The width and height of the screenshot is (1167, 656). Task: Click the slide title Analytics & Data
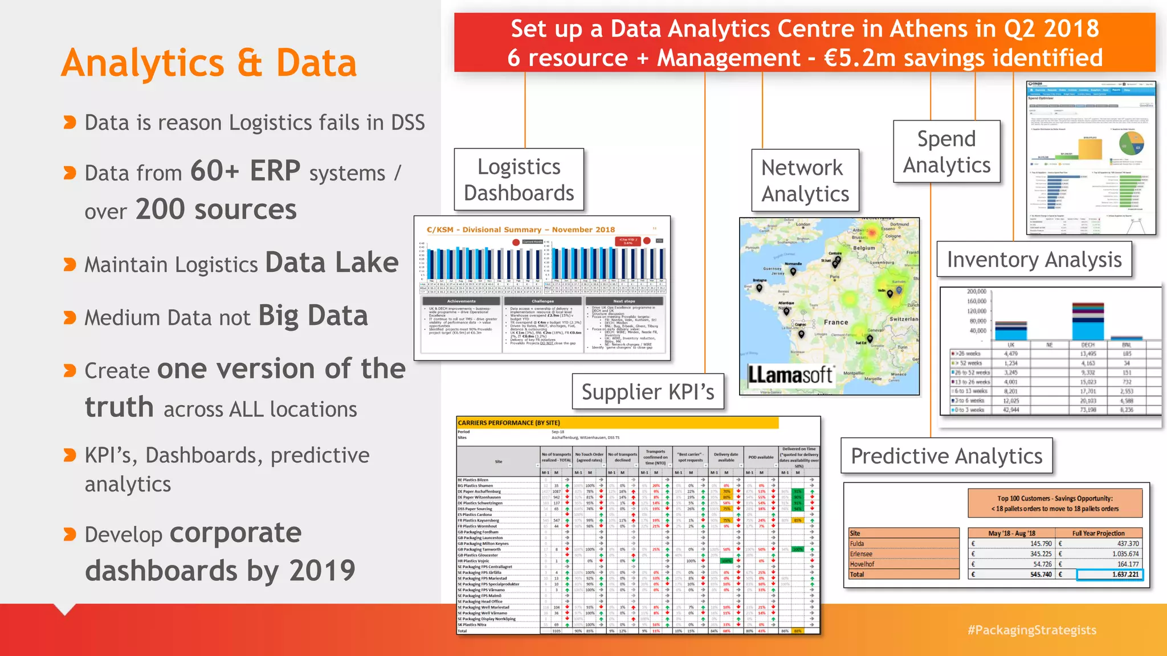[209, 63]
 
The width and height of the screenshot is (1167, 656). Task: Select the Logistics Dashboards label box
[519, 179]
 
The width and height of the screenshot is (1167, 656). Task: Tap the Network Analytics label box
[805, 181]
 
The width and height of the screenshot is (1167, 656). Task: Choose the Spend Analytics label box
[946, 151]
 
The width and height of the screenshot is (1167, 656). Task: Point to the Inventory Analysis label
[1034, 260]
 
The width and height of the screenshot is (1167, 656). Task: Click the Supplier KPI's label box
[647, 392]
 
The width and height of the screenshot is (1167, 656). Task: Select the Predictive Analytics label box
[946, 456]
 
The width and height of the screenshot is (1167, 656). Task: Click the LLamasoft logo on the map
[790, 375]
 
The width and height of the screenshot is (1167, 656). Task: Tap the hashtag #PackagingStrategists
[1031, 630]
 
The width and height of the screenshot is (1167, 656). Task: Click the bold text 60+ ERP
[245, 171]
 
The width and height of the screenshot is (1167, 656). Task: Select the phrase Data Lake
[332, 263]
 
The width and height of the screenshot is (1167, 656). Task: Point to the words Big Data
[313, 316]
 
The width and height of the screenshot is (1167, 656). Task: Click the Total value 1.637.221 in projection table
[1109, 575]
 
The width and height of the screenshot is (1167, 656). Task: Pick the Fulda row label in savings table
[857, 544]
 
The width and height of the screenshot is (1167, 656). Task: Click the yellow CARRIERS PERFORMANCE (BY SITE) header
[617, 423]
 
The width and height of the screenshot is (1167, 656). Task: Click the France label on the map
[835, 322]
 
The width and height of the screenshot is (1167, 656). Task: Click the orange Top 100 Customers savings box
[1055, 503]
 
